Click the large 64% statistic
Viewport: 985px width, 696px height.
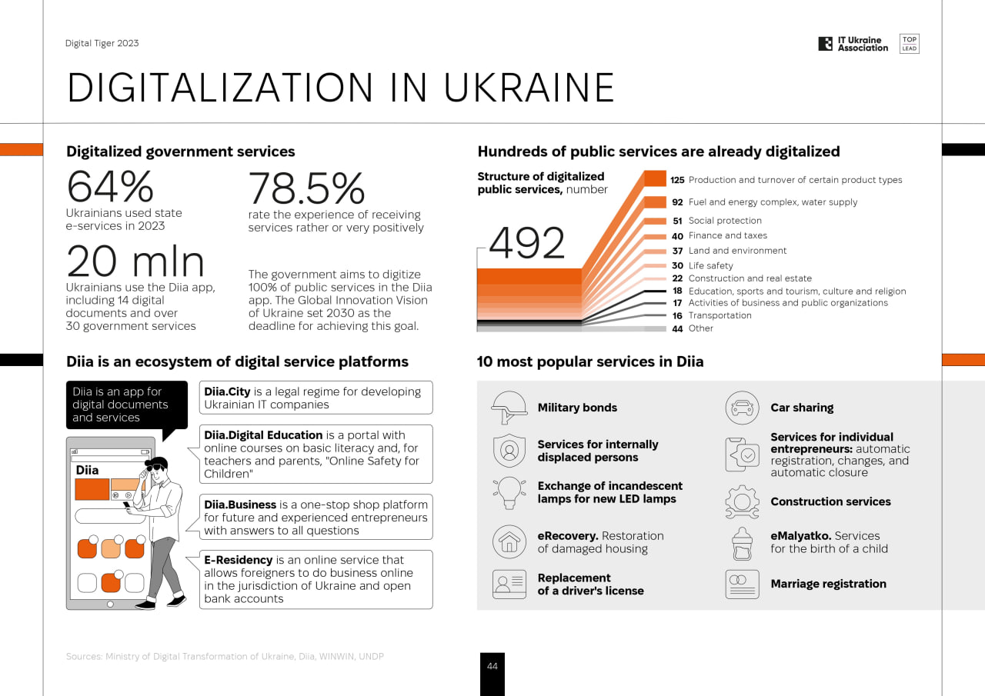(x=110, y=187)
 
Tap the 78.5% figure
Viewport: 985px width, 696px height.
(x=306, y=188)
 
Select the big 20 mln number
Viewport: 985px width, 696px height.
(x=135, y=261)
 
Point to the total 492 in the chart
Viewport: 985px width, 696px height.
(x=527, y=244)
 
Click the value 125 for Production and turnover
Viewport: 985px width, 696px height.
(x=677, y=180)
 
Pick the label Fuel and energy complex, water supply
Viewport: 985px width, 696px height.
(x=773, y=202)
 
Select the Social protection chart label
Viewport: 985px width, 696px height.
(x=725, y=221)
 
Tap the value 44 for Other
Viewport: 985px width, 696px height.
(x=677, y=328)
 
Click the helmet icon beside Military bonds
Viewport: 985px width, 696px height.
(x=509, y=408)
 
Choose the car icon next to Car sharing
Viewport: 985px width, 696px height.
(x=742, y=408)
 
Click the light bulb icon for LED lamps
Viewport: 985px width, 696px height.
(x=509, y=492)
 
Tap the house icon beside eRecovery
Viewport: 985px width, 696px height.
(x=509, y=542)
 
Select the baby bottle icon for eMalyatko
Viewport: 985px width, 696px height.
(x=742, y=543)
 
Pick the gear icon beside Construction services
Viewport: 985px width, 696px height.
(x=742, y=501)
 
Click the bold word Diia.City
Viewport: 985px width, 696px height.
(x=227, y=391)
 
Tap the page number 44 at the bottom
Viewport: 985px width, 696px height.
(x=492, y=667)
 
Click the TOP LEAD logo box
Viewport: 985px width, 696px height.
(x=909, y=44)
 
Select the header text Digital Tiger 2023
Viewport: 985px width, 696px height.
(x=102, y=43)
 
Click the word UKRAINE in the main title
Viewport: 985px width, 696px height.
(x=529, y=88)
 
